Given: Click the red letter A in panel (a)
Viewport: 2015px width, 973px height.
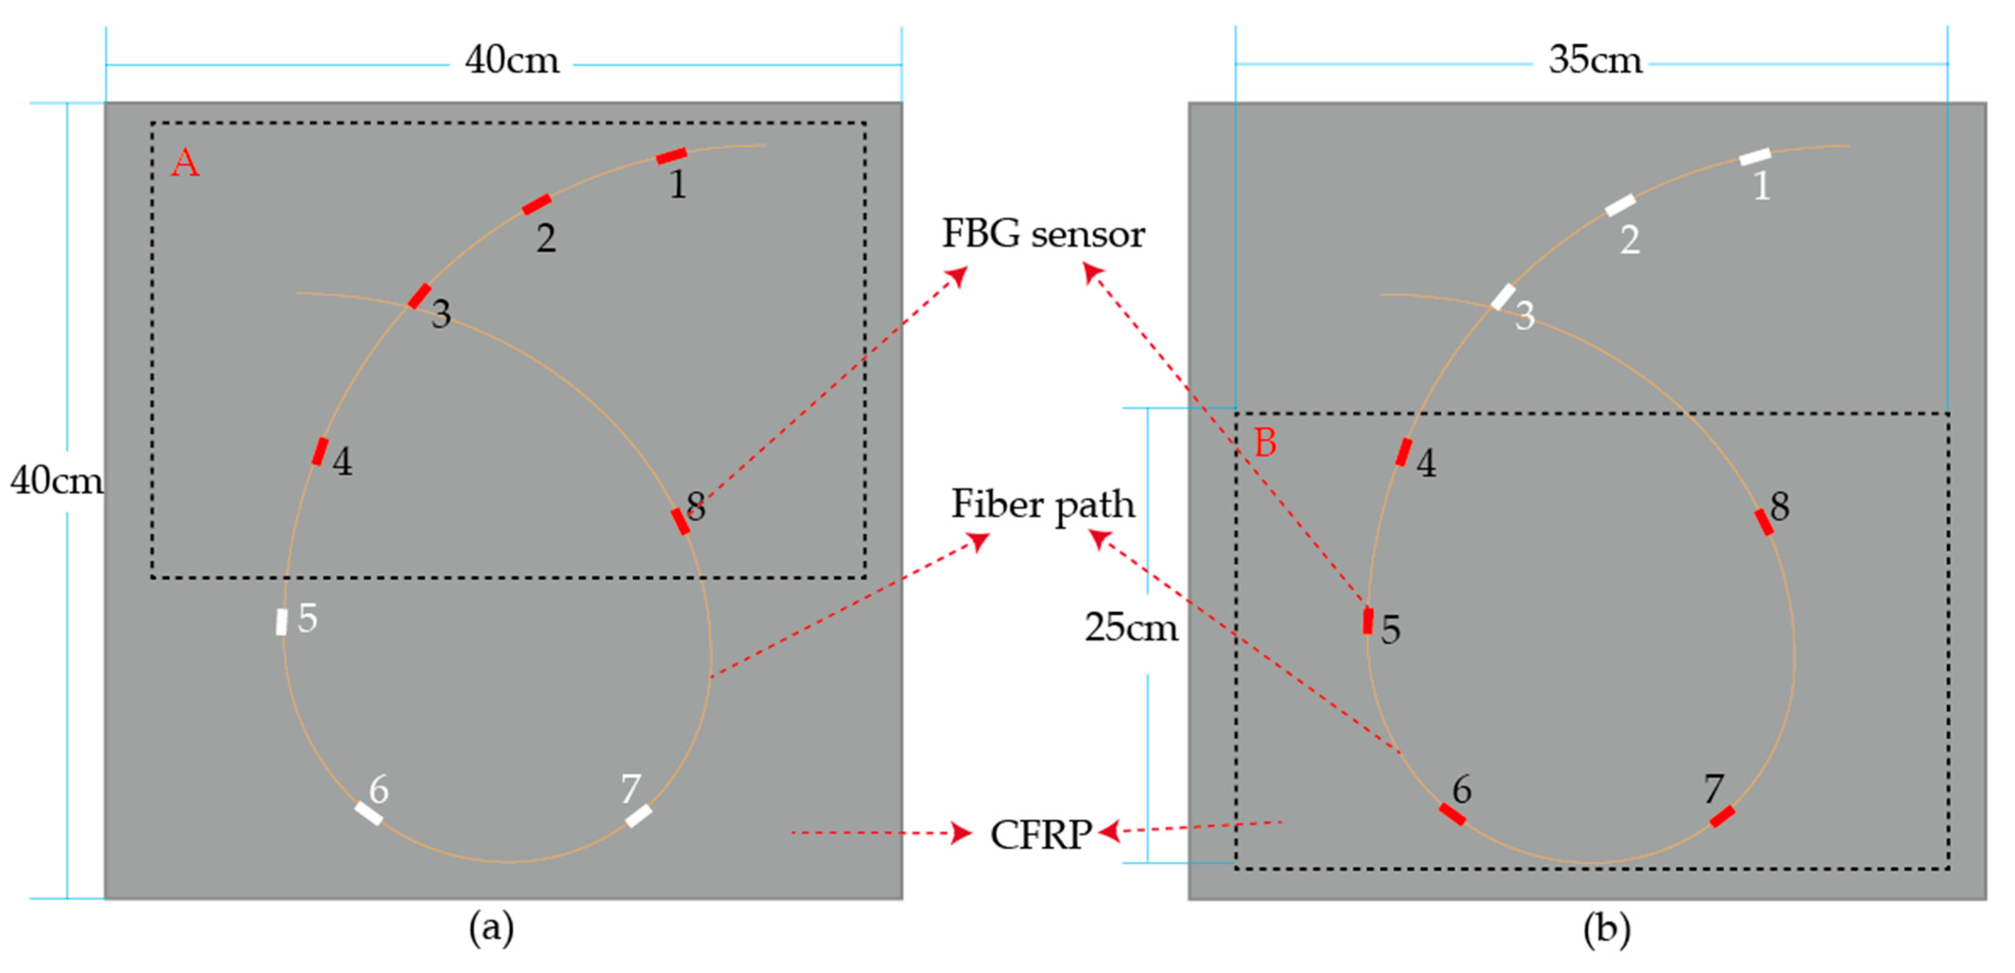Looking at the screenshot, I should point(185,164).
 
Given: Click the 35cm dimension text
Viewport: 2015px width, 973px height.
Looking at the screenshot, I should point(1595,60).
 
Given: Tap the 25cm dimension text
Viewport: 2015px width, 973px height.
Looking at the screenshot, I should point(1131,627).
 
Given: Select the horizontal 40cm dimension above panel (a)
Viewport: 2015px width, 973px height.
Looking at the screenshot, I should point(512,60).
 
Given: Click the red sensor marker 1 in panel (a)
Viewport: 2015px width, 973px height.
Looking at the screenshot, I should point(671,155).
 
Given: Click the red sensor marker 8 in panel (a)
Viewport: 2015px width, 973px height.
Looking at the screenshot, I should point(680,521).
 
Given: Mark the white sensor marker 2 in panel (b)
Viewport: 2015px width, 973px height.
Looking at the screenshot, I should point(1620,205).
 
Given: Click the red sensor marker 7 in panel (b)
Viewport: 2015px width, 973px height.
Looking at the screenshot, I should point(1722,816).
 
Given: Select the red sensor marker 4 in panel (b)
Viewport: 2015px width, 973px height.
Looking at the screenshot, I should point(1404,452).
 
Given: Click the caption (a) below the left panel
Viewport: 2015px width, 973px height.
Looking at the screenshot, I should point(491,929).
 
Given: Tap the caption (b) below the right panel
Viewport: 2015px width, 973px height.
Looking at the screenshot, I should point(1607,929).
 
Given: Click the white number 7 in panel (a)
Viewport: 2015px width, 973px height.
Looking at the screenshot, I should point(631,788).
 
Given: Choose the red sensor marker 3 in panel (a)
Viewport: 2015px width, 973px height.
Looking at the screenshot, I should point(419,296).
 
